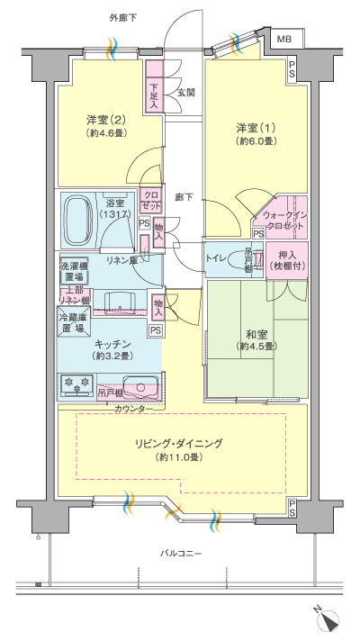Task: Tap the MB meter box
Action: pyautogui.click(x=284, y=40)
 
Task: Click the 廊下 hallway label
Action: pyautogui.click(x=184, y=195)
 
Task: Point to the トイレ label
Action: pyautogui.click(x=218, y=257)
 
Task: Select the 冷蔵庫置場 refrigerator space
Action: pyautogui.click(x=74, y=323)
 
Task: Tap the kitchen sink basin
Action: pyautogui.click(x=139, y=384)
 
